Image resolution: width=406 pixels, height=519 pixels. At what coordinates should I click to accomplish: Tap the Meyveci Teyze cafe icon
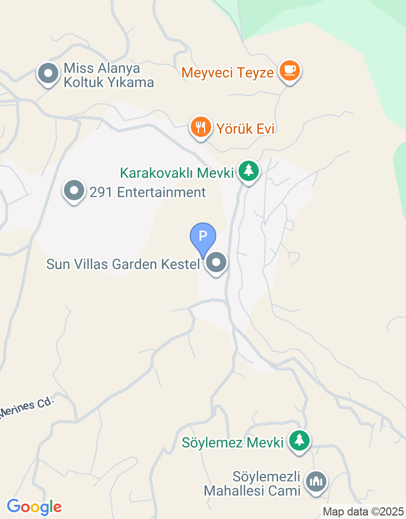[290, 70]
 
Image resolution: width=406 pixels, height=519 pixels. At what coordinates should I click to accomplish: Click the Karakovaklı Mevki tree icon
[248, 171]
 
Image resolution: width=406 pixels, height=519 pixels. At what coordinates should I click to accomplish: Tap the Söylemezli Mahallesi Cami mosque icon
[317, 481]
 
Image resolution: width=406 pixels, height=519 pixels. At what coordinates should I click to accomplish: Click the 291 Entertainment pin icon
[75, 191]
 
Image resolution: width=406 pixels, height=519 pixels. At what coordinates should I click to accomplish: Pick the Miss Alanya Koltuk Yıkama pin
[49, 73]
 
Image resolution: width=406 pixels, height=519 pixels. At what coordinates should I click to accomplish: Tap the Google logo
[34, 506]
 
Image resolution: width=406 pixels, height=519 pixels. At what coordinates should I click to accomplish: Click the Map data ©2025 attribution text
[363, 512]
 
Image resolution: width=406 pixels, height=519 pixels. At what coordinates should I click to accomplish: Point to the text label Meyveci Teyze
[228, 72]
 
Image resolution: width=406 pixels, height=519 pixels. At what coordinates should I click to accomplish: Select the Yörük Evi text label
[246, 129]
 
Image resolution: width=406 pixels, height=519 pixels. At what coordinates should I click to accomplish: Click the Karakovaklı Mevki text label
[176, 173]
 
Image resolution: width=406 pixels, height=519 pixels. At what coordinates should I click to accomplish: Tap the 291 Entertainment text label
[148, 193]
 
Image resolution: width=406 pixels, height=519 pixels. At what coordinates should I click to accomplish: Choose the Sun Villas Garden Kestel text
[122, 264]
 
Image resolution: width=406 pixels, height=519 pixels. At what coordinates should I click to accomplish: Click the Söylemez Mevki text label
[232, 442]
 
